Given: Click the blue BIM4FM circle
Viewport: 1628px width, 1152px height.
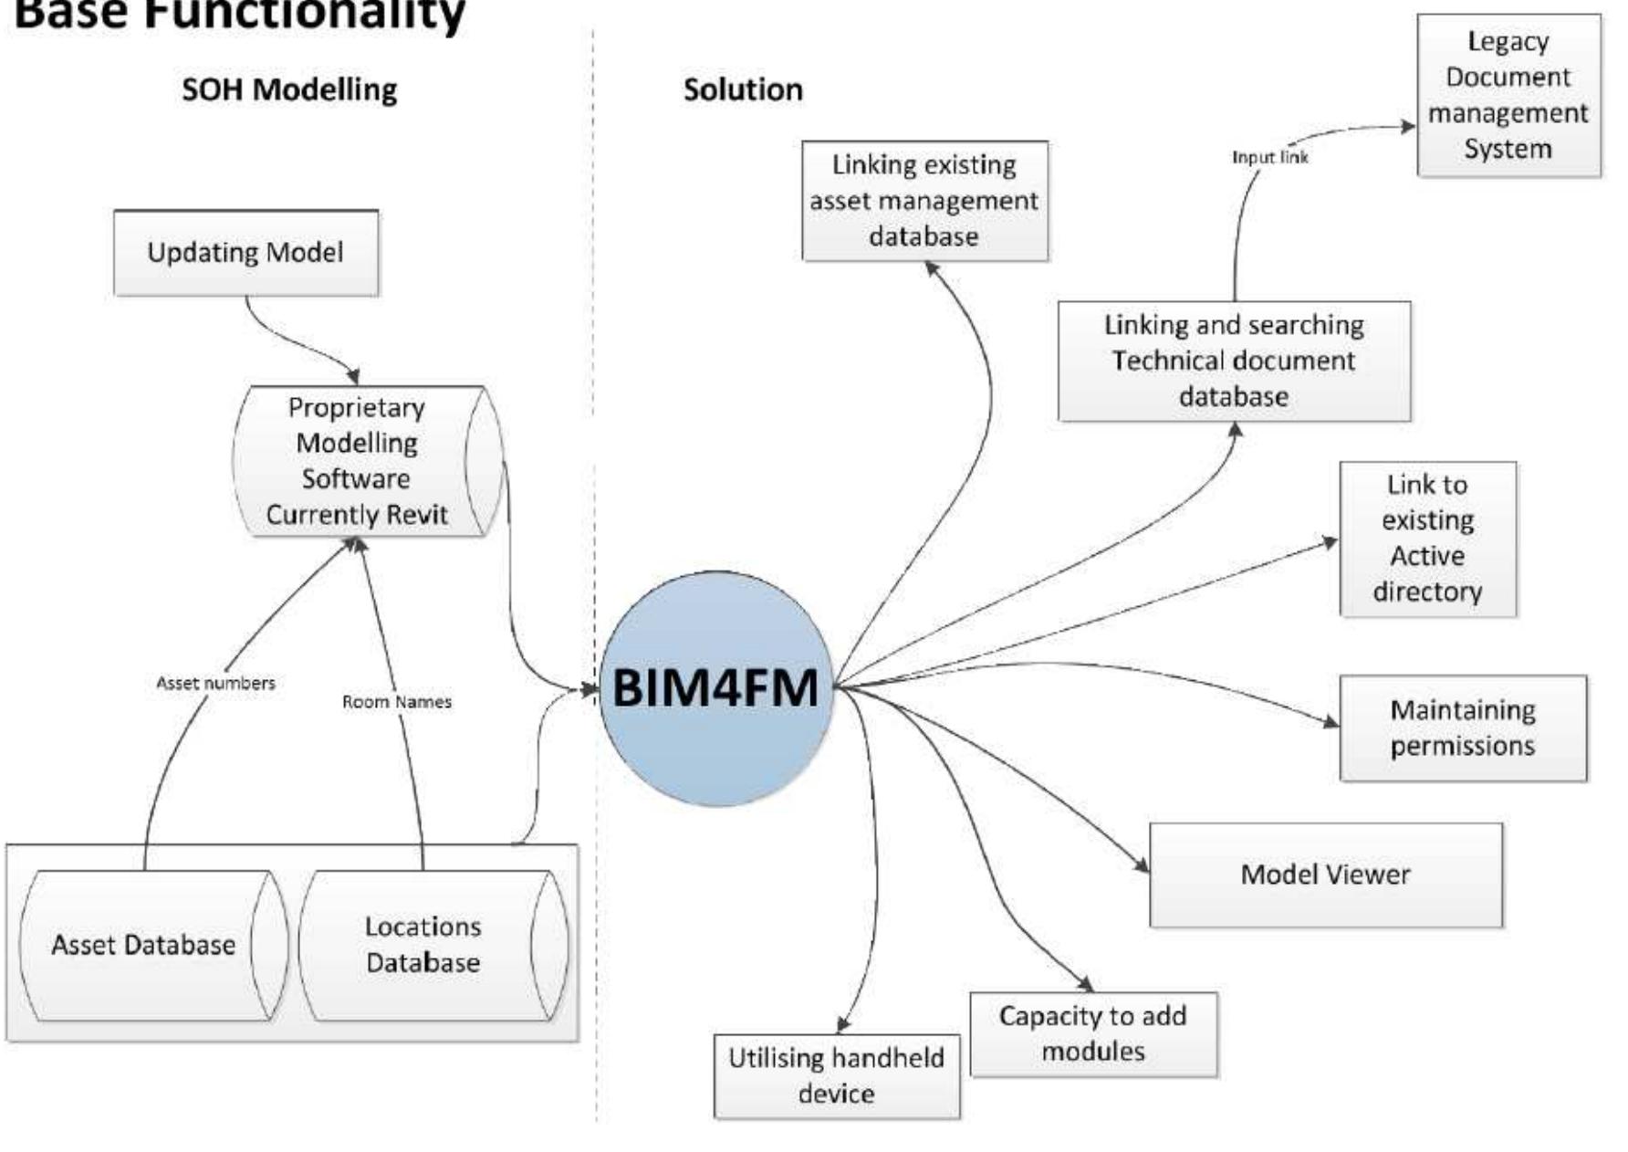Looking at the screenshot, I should click(x=715, y=688).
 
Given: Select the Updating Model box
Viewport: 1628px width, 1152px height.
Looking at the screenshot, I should click(x=245, y=253).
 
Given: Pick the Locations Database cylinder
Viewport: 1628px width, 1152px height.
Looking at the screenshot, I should click(x=423, y=945).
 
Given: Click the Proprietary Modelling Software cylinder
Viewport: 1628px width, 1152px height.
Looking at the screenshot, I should click(x=357, y=461).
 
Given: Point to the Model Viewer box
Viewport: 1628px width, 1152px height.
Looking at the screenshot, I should click(x=1325, y=874).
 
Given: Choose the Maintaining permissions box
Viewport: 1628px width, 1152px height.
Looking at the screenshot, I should click(x=1462, y=728).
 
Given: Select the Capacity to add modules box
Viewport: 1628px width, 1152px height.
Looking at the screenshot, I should click(x=1092, y=1033).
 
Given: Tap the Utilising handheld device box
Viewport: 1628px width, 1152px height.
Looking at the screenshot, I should click(x=836, y=1075).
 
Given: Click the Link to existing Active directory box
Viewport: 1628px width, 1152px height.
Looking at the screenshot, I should click(x=1427, y=539).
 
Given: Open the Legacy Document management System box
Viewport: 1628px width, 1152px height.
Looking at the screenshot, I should click(x=1508, y=95).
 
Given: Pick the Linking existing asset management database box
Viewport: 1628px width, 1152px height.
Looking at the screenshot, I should click(x=924, y=201).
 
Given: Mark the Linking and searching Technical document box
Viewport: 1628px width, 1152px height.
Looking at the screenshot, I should click(x=1234, y=361).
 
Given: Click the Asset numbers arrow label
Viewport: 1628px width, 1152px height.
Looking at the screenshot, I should click(x=215, y=683).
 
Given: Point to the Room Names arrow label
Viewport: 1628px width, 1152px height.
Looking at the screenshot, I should click(x=397, y=702).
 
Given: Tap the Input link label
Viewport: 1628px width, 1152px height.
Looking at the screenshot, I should click(x=1269, y=157).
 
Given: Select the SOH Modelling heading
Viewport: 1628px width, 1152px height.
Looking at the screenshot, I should click(x=289, y=89).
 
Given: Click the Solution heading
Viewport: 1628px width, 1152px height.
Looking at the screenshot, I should click(x=743, y=89).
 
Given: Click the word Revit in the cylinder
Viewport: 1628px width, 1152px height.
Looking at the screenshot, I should click(x=417, y=515).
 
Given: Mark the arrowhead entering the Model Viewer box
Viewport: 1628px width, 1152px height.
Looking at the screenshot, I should click(x=1143, y=865).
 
